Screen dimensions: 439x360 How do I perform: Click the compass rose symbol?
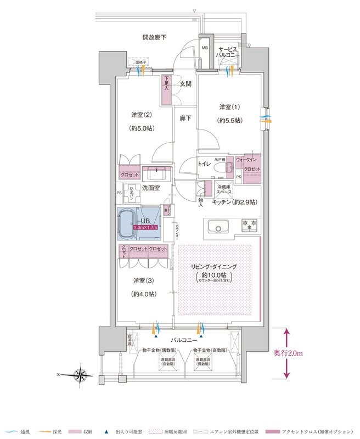[81, 375]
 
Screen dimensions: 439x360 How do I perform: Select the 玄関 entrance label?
[185, 85]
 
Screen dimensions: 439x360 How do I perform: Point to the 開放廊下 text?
[154, 37]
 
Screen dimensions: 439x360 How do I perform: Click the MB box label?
[205, 48]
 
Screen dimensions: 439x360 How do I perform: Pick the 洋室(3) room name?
[144, 280]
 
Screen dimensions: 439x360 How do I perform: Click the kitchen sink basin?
[218, 226]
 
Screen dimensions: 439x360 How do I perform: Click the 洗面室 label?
[151, 188]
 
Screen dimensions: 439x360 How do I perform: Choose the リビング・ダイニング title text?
[213, 266]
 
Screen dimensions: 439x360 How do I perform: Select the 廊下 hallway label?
[185, 117]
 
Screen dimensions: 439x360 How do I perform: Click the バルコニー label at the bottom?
[181, 340]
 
